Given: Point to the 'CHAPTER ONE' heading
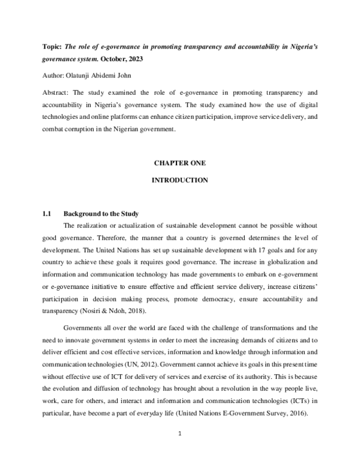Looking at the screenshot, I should (x=180, y=163).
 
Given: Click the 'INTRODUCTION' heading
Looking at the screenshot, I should (x=180, y=180).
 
